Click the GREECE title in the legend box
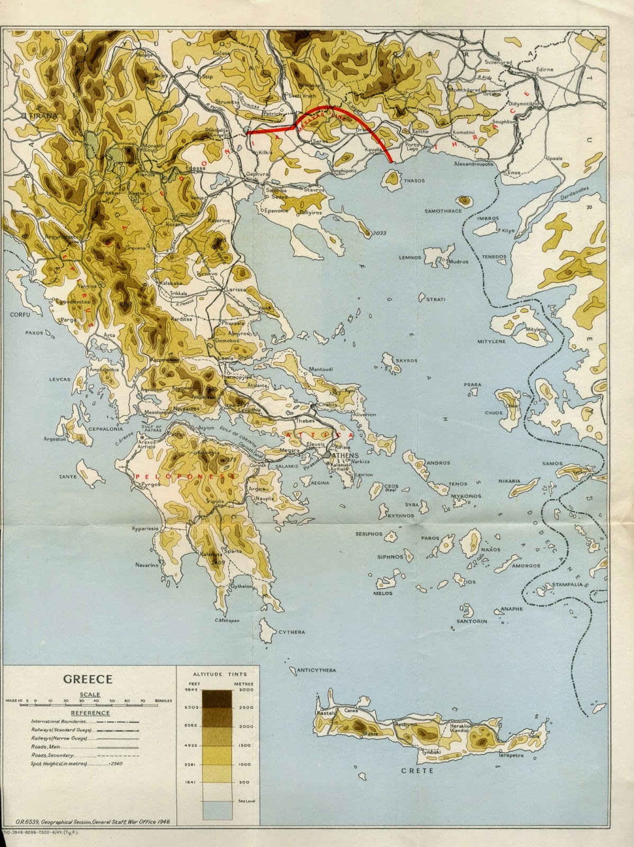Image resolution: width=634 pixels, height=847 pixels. coord(88,679)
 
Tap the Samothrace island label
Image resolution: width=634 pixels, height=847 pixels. coord(443,211)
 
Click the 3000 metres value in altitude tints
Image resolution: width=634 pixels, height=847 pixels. coord(246,689)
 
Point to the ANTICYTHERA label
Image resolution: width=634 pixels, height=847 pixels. coord(316,670)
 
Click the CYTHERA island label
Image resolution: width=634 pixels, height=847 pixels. coord(292,632)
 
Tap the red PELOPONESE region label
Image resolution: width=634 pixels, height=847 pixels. coord(185,476)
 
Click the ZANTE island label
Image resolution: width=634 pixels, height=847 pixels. coord(68,476)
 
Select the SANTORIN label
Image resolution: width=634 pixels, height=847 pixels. coord(472,621)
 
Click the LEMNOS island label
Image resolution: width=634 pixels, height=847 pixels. coord(410,258)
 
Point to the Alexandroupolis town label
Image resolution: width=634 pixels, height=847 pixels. coord(474,164)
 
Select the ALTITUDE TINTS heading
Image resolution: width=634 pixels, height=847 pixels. coord(215,674)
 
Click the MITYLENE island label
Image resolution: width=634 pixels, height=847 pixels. coord(491,341)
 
